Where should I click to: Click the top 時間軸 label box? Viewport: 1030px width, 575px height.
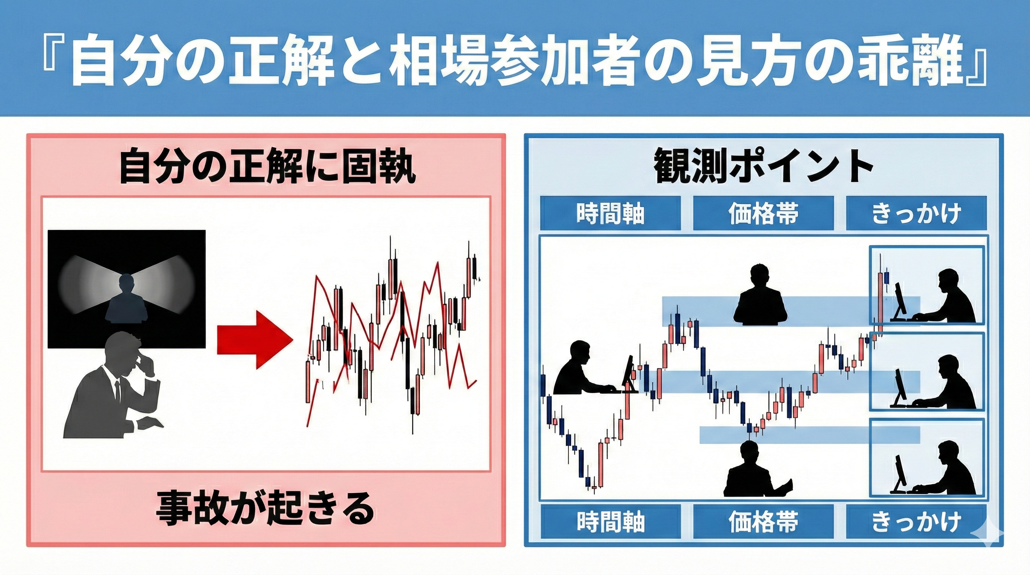coord(610,213)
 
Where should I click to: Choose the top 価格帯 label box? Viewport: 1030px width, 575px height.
coord(763,213)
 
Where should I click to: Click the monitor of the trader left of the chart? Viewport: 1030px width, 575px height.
coord(628,374)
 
